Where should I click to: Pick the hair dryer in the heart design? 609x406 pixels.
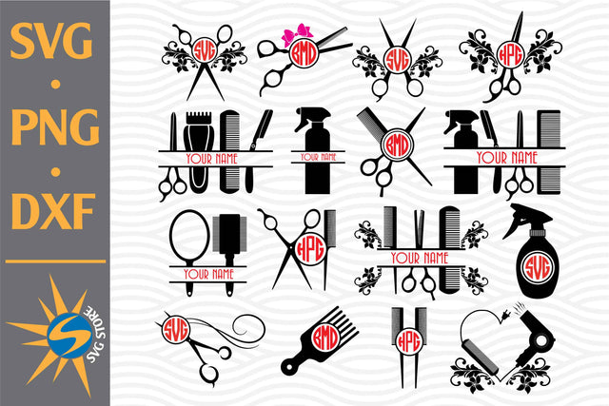(532, 345)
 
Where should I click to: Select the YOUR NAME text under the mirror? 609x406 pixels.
(208, 274)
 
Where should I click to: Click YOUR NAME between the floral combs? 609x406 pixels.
(419, 258)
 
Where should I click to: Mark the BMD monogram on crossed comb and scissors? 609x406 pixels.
(392, 146)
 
